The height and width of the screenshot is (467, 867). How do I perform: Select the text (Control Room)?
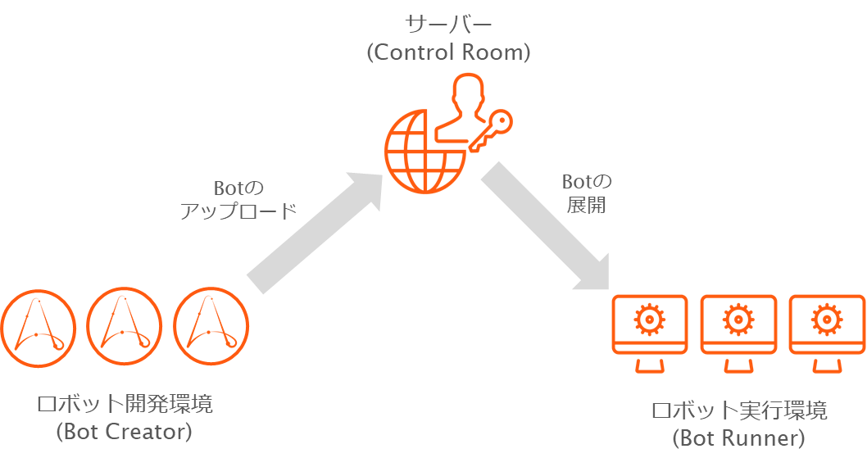click(448, 52)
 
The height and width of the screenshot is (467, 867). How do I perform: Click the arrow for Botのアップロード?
click(315, 232)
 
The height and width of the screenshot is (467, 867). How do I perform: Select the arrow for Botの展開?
click(545, 226)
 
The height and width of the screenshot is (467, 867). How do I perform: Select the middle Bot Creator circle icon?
click(125, 326)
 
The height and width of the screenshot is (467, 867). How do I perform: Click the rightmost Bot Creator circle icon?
click(211, 326)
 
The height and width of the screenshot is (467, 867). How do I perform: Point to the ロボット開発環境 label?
click(125, 405)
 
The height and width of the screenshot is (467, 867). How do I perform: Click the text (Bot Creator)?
click(125, 431)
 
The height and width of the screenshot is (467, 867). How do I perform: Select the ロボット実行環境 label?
click(739, 411)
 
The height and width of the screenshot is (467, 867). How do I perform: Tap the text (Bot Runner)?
click(739, 438)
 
